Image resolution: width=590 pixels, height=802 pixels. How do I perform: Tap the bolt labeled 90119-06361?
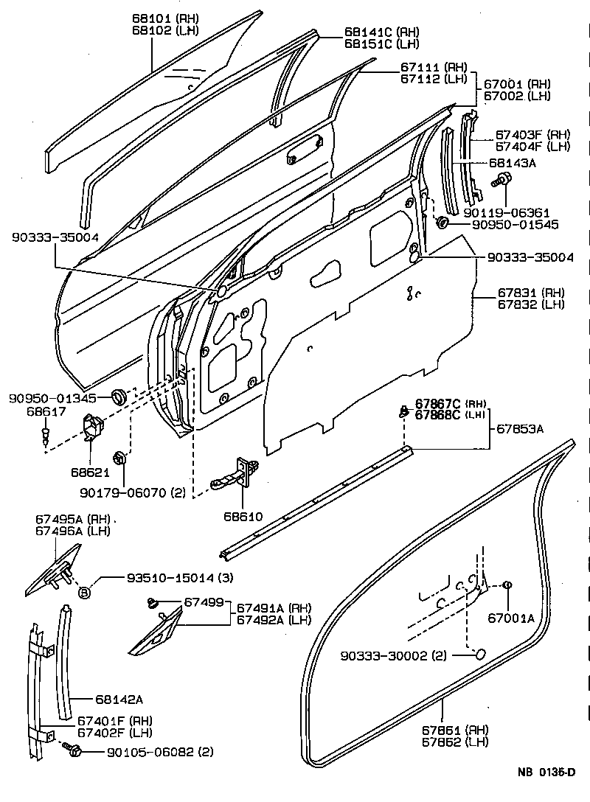coord(504,179)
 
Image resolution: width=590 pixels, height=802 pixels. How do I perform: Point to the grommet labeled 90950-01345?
coord(118,398)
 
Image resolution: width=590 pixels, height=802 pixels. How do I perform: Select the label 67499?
coord(203,602)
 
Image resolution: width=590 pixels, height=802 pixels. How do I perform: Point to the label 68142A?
coord(119,699)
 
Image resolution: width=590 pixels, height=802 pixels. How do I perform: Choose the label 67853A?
coord(519,428)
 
